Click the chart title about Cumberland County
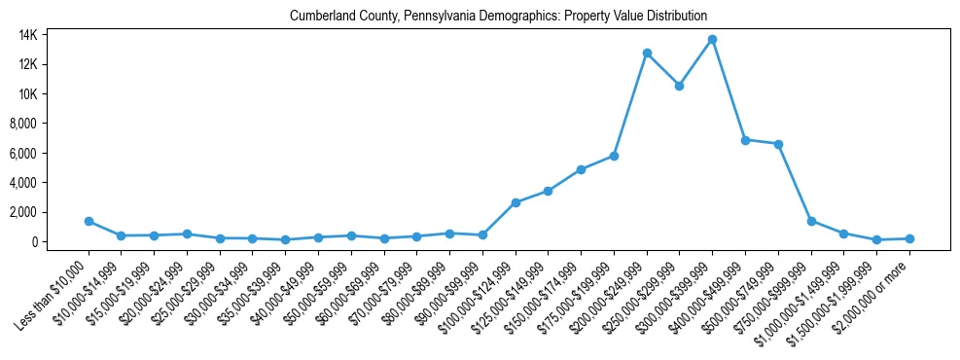coord(498,16)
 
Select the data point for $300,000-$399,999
coord(712,40)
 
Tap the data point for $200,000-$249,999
coord(647,54)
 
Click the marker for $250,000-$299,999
coord(679,86)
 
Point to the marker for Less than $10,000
coord(89,221)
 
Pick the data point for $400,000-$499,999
coord(745,140)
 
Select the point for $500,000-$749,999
coord(778,144)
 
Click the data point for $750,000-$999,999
coord(811,221)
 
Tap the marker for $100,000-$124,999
coord(516,202)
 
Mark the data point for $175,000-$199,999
coord(614,156)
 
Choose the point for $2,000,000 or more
coord(909,238)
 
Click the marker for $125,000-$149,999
coord(549,191)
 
